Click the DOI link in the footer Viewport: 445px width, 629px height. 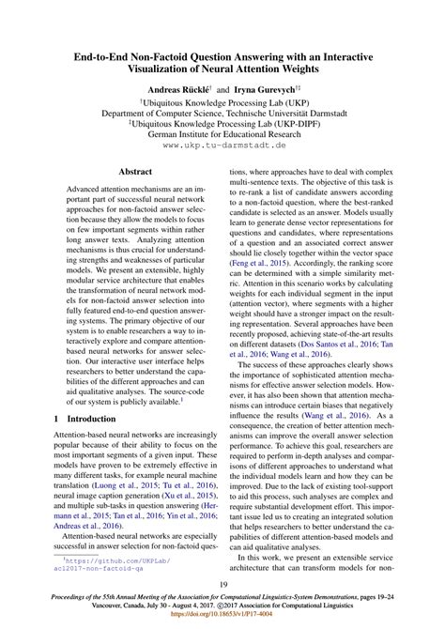(222, 621)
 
